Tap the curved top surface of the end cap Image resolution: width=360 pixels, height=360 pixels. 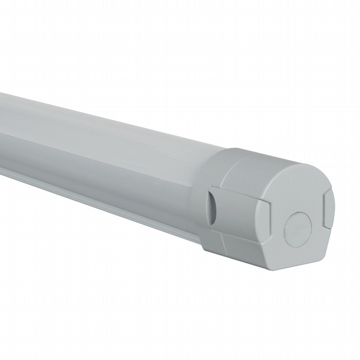pos(260,163)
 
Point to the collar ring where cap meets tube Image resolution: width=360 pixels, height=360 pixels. pos(203,195)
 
